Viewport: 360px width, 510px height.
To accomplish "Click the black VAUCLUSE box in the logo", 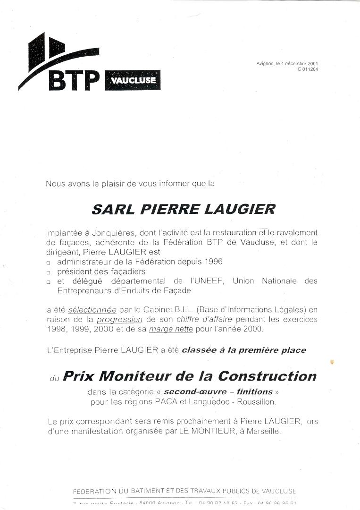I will click(x=133, y=80).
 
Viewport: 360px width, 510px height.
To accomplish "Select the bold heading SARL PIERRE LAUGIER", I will click(x=183, y=209).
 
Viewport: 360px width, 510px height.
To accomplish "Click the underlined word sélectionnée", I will click(x=92, y=310).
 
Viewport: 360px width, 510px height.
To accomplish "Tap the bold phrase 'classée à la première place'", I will click(x=244, y=350).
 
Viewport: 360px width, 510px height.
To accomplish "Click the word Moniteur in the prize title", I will click(x=135, y=376).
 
